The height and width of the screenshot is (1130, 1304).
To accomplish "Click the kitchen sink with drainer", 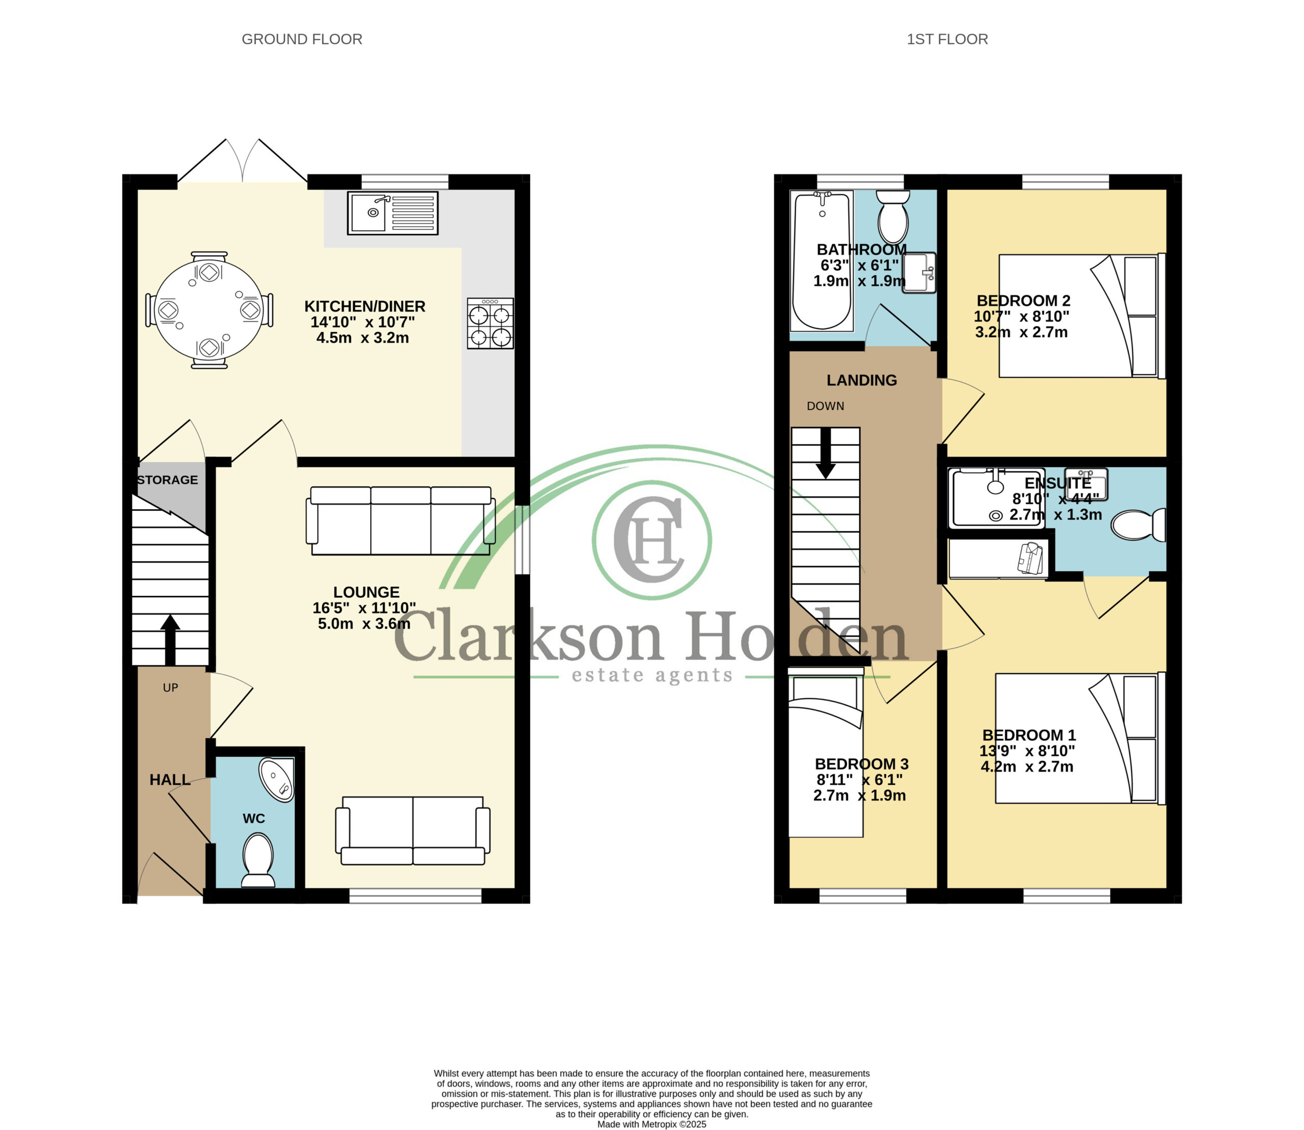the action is tap(392, 212).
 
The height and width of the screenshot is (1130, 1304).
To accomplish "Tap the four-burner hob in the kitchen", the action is tap(490, 323).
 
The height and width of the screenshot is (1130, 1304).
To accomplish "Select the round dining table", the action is tap(209, 310).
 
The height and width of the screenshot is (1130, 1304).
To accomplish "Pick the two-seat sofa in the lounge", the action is tap(413, 831).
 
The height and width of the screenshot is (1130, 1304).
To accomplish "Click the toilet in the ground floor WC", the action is tap(258, 860).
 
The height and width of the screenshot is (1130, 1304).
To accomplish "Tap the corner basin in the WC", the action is tap(278, 780).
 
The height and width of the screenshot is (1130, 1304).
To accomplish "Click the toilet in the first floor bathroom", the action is tap(892, 217).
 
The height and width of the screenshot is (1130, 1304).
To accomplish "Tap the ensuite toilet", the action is tap(1138, 525).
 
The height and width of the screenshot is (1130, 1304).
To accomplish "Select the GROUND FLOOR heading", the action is tap(302, 39).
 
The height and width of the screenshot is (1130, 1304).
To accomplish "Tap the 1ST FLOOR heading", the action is tap(947, 39).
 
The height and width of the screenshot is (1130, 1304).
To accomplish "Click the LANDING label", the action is tap(862, 380).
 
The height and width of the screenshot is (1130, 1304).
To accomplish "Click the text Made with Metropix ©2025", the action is tap(651, 1124).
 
